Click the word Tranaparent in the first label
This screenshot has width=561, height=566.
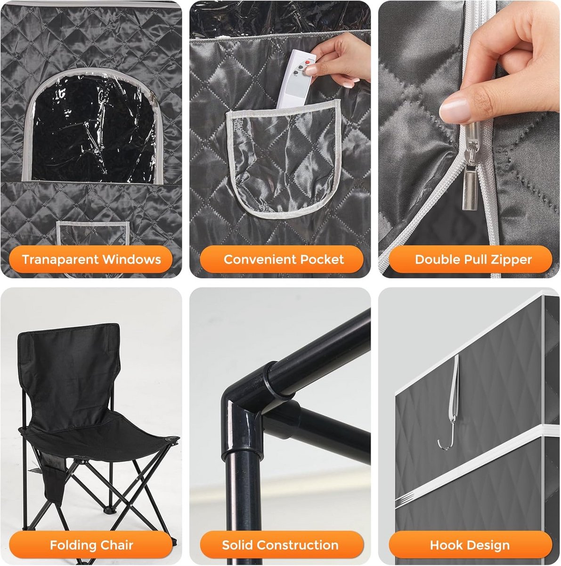60,259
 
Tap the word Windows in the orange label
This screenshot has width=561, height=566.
132,259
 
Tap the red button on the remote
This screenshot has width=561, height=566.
308,62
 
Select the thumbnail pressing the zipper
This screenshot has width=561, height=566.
455,110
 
